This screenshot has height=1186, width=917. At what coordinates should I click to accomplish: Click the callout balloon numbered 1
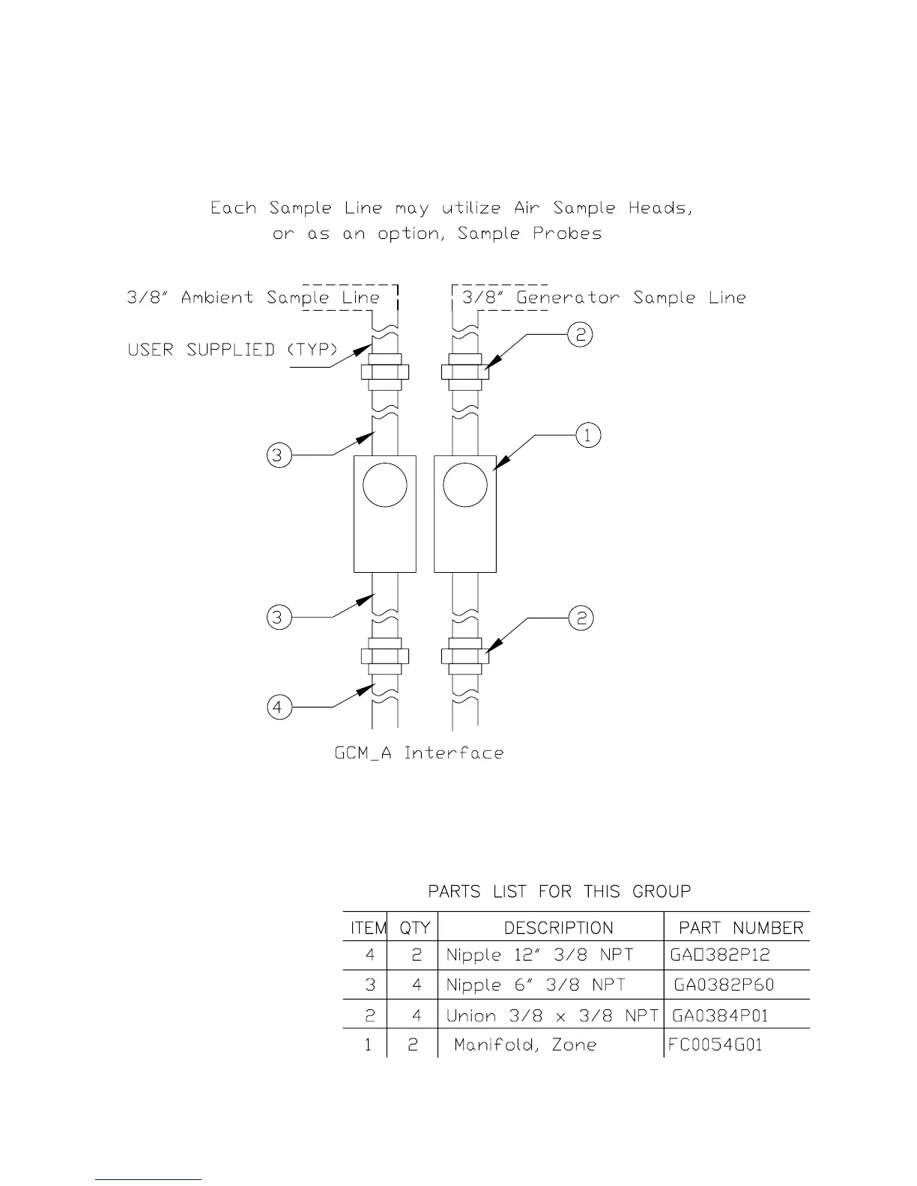(x=588, y=434)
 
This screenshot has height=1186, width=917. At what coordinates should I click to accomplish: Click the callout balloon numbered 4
(x=279, y=707)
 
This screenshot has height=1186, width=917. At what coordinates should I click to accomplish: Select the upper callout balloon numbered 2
(x=581, y=335)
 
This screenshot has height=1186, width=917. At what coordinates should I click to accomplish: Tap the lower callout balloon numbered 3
(x=279, y=618)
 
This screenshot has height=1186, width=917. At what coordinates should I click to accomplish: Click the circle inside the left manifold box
(x=384, y=485)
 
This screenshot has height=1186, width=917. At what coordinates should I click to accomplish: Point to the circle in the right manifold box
(x=465, y=485)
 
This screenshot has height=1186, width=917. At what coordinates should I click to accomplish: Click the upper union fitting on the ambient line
(x=384, y=372)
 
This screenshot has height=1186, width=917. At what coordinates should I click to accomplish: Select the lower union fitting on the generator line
(x=465, y=656)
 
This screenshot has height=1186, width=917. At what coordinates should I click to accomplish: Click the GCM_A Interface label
(x=419, y=752)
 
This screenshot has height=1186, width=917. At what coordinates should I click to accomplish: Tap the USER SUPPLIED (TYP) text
(x=232, y=350)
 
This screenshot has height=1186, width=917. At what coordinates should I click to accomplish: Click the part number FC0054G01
(x=715, y=1044)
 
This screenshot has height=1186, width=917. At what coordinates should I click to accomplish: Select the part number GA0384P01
(x=719, y=1015)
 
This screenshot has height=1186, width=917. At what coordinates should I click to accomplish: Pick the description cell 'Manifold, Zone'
(x=524, y=1044)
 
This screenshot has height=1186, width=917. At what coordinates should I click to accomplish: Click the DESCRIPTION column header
(x=558, y=928)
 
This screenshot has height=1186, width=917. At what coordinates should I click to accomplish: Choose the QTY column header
(x=414, y=928)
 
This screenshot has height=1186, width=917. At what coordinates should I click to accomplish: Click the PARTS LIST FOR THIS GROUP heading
(x=559, y=891)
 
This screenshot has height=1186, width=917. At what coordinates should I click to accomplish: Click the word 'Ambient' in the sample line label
(x=217, y=298)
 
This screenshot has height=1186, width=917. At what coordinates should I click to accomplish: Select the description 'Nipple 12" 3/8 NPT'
(x=539, y=955)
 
